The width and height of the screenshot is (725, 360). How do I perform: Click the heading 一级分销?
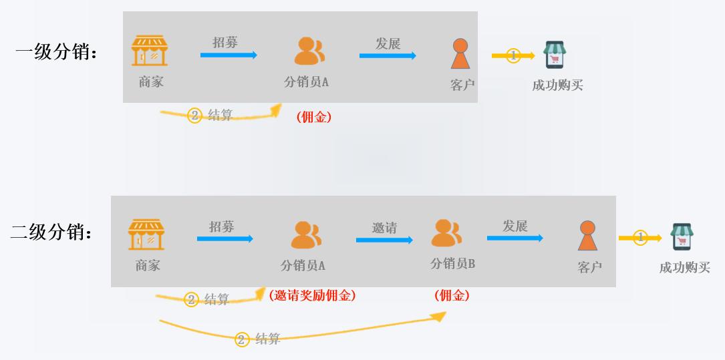pos(56,53)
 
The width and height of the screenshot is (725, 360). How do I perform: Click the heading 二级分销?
pos(52,232)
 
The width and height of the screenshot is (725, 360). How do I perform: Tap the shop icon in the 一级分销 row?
pos(150,50)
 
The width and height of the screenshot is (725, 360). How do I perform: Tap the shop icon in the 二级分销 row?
pos(146,234)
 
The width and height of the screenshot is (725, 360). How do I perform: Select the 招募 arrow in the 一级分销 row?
pos(229,55)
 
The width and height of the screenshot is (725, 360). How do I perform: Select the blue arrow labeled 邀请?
pos(384,240)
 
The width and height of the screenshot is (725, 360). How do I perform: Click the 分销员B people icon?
pos(446,232)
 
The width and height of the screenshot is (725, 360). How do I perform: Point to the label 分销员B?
pos(452,264)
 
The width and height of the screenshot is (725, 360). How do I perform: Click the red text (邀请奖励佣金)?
pos(312,295)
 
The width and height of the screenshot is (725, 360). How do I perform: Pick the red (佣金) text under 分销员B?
pos(452,295)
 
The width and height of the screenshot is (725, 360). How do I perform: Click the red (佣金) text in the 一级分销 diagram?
pos(314,117)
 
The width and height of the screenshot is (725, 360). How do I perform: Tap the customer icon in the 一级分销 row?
pos(460,53)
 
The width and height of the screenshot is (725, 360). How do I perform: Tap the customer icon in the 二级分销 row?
pos(587,236)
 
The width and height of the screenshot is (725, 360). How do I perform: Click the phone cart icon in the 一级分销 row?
pos(555,55)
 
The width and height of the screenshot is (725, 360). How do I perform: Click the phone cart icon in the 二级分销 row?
pos(682,237)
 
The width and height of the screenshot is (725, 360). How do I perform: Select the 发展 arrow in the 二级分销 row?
pos(515,238)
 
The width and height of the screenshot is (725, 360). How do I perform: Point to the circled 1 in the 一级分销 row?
pos(513,55)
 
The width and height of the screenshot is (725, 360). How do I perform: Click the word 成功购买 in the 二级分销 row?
pos(684,268)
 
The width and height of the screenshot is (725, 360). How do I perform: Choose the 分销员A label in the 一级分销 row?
pos(306,81)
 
